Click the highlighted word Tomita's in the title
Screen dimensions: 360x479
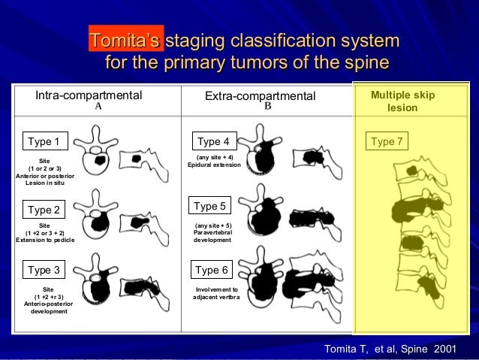point(125,41)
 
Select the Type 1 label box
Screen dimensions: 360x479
point(43,141)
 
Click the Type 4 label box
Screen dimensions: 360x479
point(214,141)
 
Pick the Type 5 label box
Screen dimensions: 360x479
point(209,205)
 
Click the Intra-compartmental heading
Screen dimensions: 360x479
point(89,96)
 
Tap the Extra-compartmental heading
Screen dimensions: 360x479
point(261,96)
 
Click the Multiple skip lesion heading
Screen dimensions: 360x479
point(402,102)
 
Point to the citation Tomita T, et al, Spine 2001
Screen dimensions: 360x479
point(394,349)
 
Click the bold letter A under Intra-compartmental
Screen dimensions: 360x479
point(98,107)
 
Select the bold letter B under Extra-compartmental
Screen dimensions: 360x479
point(268,107)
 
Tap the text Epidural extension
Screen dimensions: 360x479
point(214,165)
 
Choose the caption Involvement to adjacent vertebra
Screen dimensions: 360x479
point(216,293)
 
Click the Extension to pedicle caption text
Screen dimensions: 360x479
point(44,241)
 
